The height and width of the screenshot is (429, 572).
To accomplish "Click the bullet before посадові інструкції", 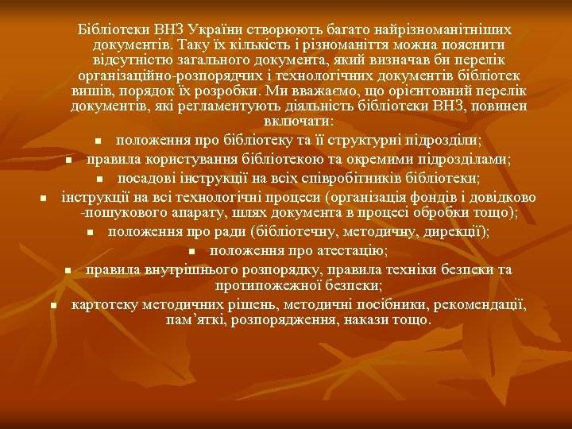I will [101, 178].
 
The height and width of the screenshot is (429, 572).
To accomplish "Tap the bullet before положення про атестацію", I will [194, 252].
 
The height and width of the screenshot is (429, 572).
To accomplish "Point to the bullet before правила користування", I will [69, 160].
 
